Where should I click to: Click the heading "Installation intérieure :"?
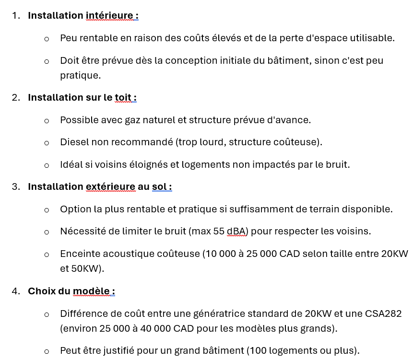[83, 16]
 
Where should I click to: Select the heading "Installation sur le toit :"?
[82, 98]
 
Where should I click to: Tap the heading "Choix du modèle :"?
[71, 291]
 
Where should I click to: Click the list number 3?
[16, 187]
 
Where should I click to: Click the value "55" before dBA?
[219, 232]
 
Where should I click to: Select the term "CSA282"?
[382, 314]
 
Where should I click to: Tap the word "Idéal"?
[71, 165]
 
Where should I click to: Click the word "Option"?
[74, 209]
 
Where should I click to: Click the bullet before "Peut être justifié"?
[47, 351]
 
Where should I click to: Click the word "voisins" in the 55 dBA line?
[354, 232]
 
